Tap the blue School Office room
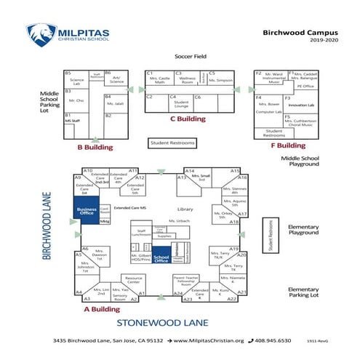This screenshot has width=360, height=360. [x=161, y=260]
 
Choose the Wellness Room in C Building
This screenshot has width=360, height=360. [x=188, y=80]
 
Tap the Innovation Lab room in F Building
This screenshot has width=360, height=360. [x=301, y=105]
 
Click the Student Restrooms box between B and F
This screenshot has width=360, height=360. [x=175, y=143]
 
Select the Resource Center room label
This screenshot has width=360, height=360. [x=133, y=280]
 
